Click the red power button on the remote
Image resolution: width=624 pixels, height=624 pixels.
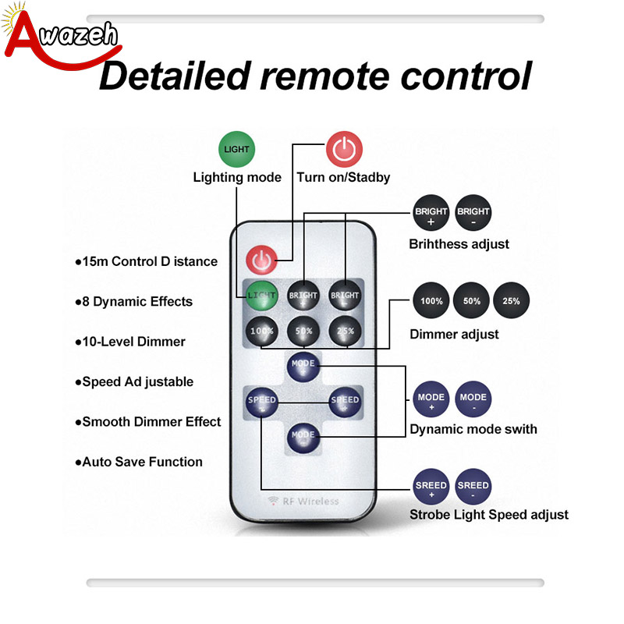(261, 260)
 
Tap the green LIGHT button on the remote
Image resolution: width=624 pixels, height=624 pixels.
(261, 296)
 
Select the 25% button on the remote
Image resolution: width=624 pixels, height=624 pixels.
(345, 331)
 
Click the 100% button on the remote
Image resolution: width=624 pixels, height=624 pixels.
(261, 331)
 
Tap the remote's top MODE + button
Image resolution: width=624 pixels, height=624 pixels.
(303, 367)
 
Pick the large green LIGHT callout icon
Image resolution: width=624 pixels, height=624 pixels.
(237, 149)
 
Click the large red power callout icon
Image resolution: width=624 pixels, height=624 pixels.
(344, 149)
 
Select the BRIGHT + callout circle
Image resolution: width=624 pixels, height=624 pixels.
(431, 213)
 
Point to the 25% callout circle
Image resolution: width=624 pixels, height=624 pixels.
(512, 300)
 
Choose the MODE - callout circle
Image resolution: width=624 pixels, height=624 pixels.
(473, 399)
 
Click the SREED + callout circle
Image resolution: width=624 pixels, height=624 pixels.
(431, 487)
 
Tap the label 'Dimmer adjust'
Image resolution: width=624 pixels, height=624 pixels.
(454, 335)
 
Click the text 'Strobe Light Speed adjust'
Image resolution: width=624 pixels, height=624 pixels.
(489, 515)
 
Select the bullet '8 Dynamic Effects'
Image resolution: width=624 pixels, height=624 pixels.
(133, 302)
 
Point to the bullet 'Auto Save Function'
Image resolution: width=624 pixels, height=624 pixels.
(139, 462)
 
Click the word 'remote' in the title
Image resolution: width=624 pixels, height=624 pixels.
(324, 76)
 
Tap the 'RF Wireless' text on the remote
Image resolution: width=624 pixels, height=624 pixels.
(303, 501)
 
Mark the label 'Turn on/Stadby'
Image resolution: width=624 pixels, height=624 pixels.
(343, 178)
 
